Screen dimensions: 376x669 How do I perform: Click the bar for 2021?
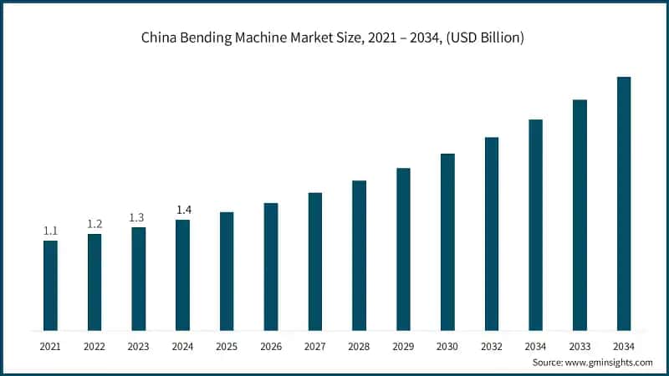point(50,285)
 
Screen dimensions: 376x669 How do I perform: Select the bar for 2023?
point(138,278)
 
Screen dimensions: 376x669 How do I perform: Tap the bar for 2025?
point(227,271)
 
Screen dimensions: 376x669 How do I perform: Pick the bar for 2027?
point(314,261)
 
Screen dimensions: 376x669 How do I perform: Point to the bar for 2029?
point(403,248)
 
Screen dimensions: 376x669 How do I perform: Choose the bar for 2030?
point(447,241)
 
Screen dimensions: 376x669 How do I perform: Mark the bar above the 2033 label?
point(580,215)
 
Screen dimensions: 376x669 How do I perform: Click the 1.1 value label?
point(50,231)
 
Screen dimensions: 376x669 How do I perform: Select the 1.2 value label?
point(94,224)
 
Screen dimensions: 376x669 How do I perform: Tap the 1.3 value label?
point(138,217)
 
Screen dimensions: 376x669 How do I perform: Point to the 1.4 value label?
point(182,210)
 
